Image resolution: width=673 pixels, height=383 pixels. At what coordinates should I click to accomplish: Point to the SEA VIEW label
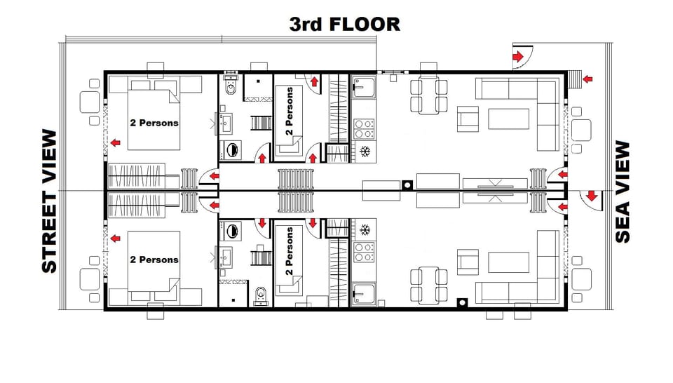tap(623, 192)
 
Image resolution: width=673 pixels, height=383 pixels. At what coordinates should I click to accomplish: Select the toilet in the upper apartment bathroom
tap(230, 88)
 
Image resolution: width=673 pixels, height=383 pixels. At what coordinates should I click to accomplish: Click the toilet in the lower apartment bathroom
tap(260, 295)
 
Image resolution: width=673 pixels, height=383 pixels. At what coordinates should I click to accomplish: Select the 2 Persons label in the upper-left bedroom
tap(154, 123)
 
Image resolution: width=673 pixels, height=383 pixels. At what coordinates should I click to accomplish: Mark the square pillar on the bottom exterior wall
tap(462, 303)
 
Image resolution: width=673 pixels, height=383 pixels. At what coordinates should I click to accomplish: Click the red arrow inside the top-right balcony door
tap(519, 56)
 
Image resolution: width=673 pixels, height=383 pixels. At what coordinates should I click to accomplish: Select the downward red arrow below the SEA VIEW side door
tap(591, 196)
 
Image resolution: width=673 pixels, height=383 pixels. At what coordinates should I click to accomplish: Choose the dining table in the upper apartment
tap(428, 96)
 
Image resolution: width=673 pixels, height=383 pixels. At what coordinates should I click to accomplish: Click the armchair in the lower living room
tap(468, 262)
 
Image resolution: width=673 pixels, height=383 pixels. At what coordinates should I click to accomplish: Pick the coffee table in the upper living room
tap(508, 119)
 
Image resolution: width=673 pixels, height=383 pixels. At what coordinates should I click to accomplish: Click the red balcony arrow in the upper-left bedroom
tap(115, 143)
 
